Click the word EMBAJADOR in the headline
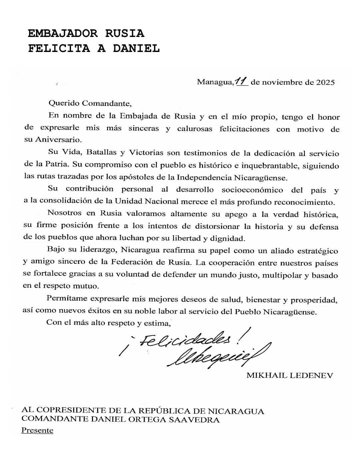click(x=63, y=33)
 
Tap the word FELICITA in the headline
click(x=59, y=48)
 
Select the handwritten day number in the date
click(x=241, y=81)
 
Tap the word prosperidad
click(x=314, y=300)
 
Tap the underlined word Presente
click(x=37, y=430)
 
